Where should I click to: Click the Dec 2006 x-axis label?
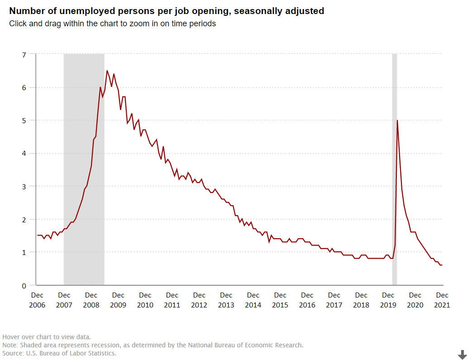click(x=37, y=300)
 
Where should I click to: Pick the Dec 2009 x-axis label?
click(x=118, y=300)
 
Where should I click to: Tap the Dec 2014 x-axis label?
click(x=253, y=300)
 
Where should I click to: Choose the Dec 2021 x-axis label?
click(x=442, y=300)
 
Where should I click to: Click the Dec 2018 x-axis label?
click(x=361, y=300)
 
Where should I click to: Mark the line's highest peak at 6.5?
click(x=107, y=71)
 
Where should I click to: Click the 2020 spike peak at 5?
click(x=397, y=120)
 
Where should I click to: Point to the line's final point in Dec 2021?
click(x=442, y=265)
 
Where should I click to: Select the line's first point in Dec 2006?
click(x=38, y=235)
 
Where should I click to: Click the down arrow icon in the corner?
click(x=462, y=355)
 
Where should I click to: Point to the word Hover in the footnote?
click(x=12, y=336)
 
